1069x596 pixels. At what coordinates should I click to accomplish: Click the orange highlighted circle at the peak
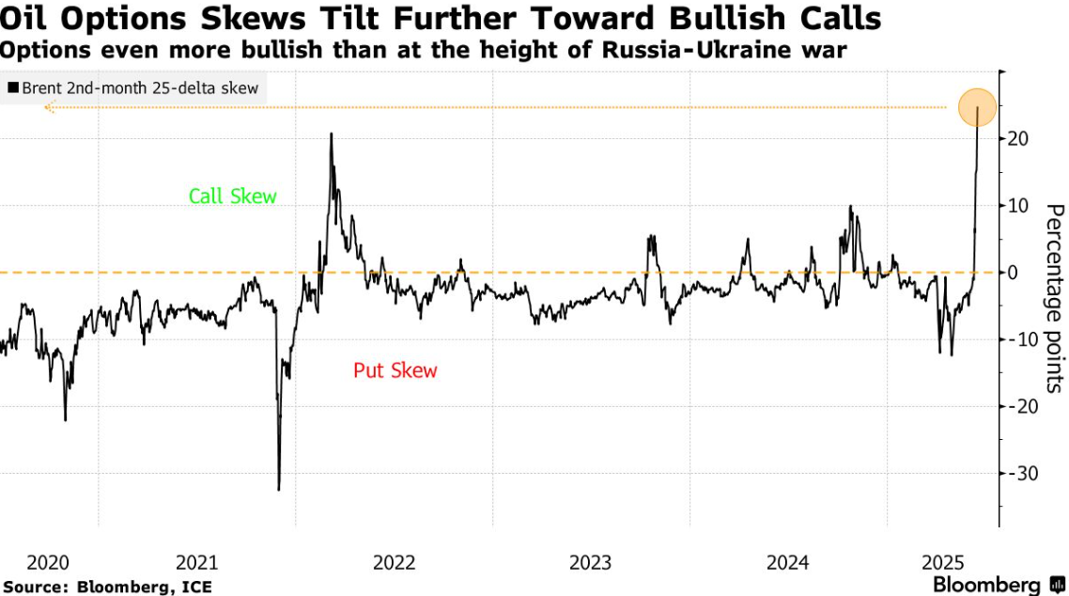(977, 106)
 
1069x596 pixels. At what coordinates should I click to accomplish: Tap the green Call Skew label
(233, 196)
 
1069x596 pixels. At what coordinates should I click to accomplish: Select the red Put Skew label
(395, 370)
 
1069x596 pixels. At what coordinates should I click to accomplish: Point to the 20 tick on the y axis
(1018, 139)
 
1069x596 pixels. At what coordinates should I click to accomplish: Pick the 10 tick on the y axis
(1018, 206)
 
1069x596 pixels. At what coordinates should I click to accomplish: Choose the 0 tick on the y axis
(1013, 273)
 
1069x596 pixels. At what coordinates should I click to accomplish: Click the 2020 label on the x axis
(48, 562)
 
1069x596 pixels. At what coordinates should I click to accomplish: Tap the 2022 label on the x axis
(394, 562)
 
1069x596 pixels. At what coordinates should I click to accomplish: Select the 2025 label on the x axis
(943, 562)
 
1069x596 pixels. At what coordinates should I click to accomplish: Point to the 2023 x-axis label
(591, 562)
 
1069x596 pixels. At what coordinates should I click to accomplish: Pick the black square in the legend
(13, 87)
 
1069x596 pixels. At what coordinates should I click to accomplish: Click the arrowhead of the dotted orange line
(48, 108)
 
